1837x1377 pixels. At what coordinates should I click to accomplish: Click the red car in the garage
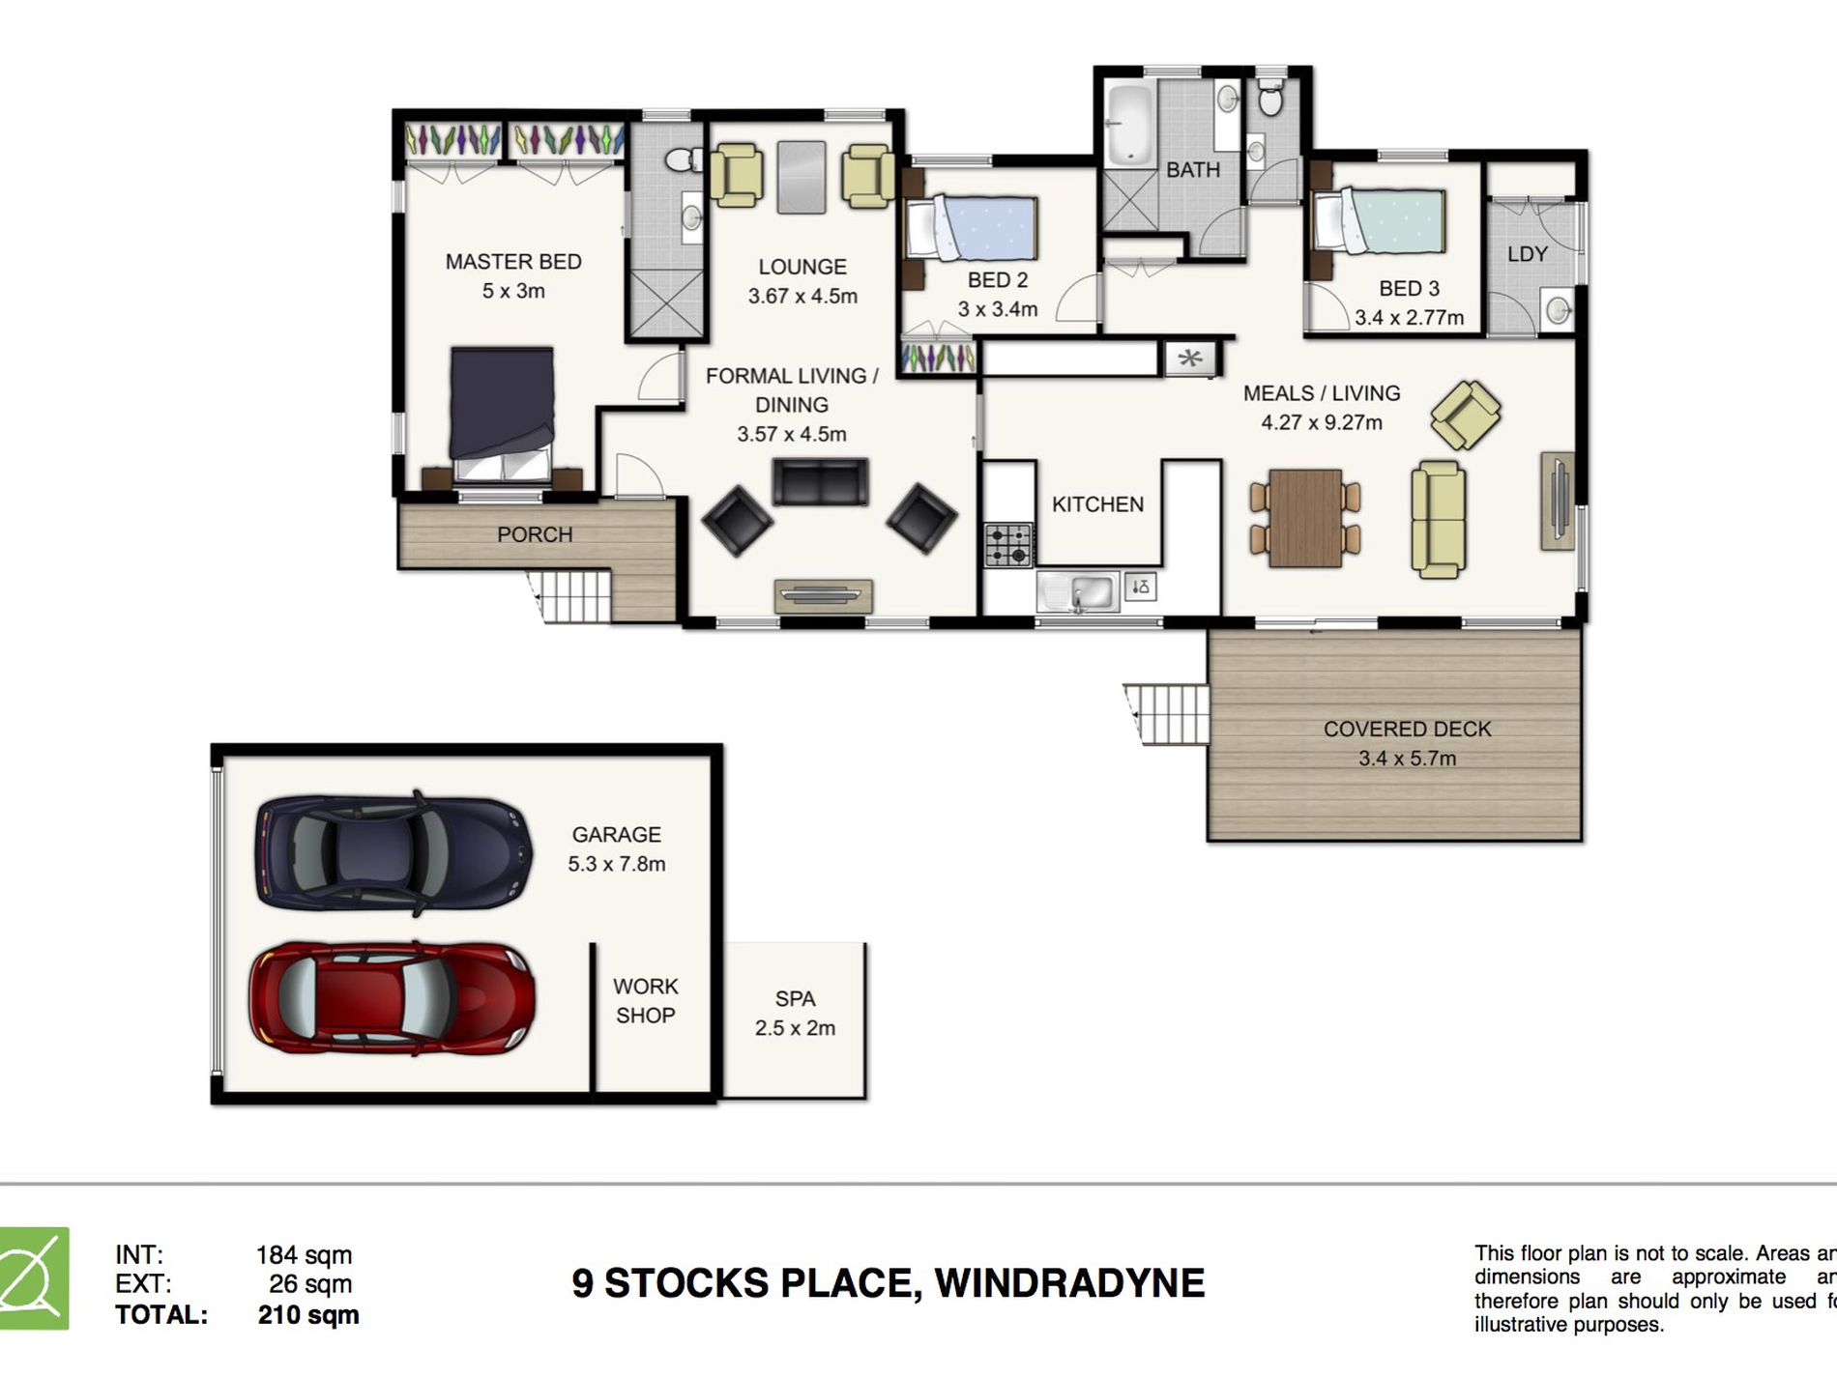[x=392, y=998]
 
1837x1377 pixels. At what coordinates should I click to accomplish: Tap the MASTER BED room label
[x=513, y=262]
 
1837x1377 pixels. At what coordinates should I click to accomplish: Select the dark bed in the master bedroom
[x=502, y=411]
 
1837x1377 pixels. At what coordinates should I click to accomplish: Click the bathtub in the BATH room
[x=1129, y=125]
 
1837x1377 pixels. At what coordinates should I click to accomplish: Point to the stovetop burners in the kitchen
[x=1007, y=545]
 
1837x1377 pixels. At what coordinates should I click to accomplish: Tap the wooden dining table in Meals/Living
[x=1304, y=518]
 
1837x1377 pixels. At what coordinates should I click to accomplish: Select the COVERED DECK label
[x=1407, y=730]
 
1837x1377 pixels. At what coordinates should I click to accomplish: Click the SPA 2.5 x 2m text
[x=795, y=1013]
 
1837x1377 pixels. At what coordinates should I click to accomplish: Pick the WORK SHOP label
[x=645, y=1000]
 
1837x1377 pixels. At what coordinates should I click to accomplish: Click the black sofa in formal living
[x=820, y=481]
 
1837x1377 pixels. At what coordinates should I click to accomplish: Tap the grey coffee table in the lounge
[x=802, y=177]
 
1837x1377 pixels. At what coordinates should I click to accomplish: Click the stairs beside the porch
[x=573, y=595]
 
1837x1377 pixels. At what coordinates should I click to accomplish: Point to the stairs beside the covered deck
[x=1170, y=713]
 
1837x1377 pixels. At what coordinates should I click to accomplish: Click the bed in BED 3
[x=1382, y=221]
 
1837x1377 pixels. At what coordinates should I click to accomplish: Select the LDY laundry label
[x=1527, y=254]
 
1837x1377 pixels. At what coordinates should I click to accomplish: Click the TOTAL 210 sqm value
[x=308, y=1315]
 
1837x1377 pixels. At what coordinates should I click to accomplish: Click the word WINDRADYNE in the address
[x=1069, y=1283]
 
